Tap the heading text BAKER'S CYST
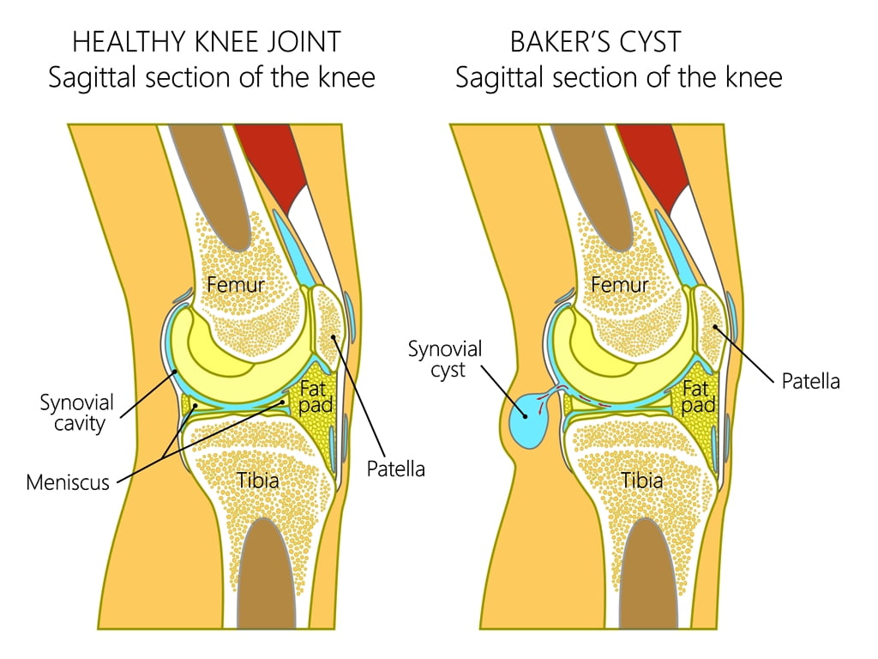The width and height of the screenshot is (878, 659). click(x=595, y=42)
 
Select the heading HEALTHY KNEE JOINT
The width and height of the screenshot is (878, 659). click(x=207, y=42)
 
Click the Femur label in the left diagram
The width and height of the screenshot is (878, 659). click(x=235, y=284)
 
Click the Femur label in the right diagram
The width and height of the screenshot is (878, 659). click(x=620, y=284)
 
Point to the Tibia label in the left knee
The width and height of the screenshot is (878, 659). click(x=257, y=481)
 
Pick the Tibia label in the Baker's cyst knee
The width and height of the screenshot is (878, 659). click(x=642, y=481)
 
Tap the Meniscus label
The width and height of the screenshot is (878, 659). click(x=68, y=482)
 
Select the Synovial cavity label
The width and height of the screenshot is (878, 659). click(x=77, y=413)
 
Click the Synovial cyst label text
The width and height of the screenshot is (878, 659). click(x=445, y=360)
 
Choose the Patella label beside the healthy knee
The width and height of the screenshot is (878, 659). click(x=396, y=469)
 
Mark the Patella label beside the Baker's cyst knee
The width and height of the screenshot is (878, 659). click(x=811, y=382)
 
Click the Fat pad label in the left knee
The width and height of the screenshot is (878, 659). click(x=316, y=397)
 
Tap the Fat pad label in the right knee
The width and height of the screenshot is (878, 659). click(x=698, y=397)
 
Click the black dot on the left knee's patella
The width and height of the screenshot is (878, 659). click(x=334, y=337)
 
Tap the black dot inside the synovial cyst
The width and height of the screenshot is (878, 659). click(x=525, y=416)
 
